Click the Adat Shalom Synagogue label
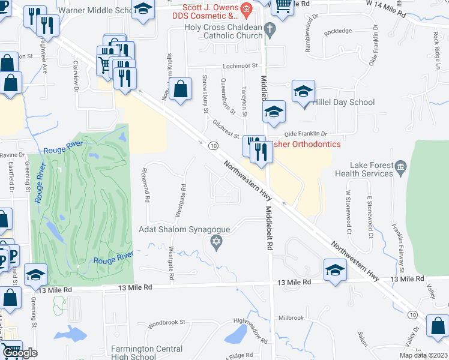185,229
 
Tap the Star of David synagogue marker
216,242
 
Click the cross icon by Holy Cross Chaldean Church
270,28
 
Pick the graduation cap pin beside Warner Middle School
142,10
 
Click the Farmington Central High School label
146,353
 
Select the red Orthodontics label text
307,144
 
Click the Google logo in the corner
19,353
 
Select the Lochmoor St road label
239,65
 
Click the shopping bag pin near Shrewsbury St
180,89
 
